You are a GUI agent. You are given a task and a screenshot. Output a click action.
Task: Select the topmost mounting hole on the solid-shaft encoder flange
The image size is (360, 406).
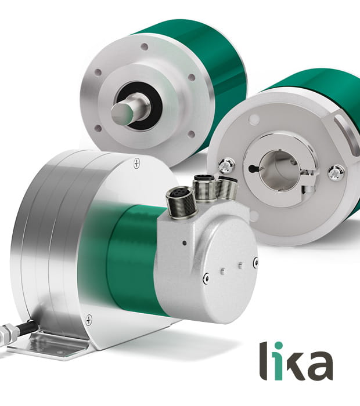(x=144, y=46)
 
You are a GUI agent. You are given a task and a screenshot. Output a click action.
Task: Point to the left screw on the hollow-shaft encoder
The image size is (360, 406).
(x=226, y=165)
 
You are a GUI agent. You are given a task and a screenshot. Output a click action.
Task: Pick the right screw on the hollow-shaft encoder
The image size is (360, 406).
(x=336, y=172)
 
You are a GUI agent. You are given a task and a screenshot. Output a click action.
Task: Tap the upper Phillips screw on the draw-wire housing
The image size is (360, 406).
(x=136, y=163)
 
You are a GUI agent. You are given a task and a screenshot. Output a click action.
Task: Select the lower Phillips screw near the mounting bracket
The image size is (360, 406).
(x=89, y=320)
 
